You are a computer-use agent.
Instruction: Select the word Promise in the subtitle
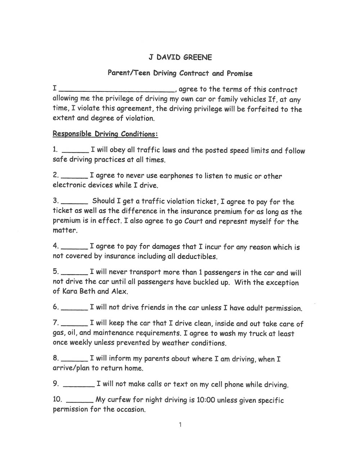[x=239, y=73]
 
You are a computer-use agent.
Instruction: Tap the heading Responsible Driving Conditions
[x=105, y=134]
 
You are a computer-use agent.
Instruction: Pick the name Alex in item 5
[x=119, y=291]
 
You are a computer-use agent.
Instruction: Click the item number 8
[x=56, y=358]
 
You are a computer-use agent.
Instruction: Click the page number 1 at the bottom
[x=180, y=425]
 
